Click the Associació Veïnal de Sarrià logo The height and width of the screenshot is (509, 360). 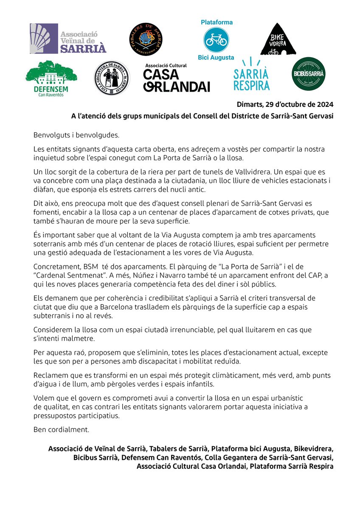pos(68,39)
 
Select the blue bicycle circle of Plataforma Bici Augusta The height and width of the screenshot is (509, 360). pos(217,39)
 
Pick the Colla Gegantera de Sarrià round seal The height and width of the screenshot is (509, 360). pos(112,78)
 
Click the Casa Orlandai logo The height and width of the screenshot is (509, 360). pos(177,78)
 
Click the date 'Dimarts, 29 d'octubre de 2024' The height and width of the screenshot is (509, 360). pos(285,104)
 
